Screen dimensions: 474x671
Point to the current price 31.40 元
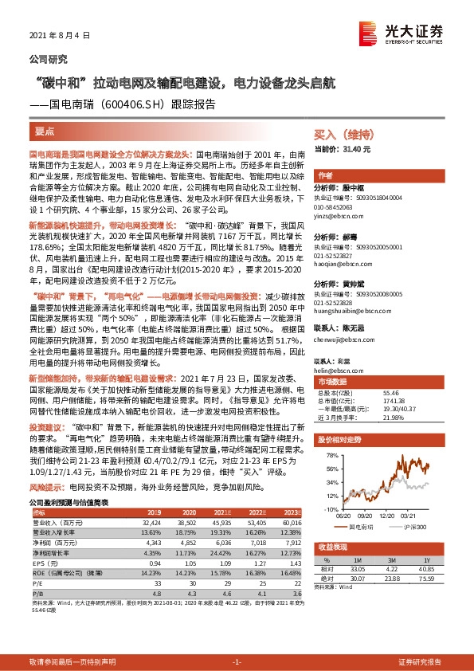click(x=355, y=149)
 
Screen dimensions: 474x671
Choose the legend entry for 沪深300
click(x=415, y=527)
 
